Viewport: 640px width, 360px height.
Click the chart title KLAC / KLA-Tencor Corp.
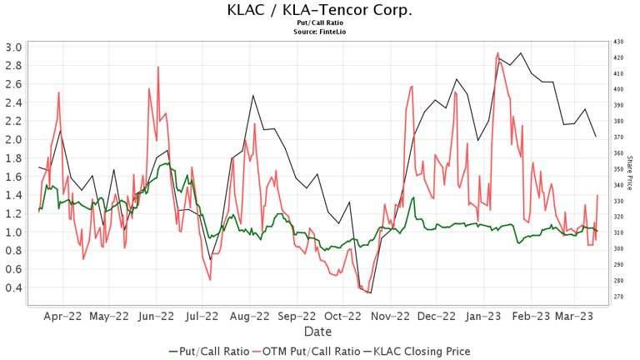tap(319, 10)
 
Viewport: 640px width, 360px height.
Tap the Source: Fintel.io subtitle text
tap(319, 32)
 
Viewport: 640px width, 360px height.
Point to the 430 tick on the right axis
tap(617, 42)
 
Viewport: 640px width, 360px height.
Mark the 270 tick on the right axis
tap(617, 296)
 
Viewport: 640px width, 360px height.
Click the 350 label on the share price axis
tap(617, 169)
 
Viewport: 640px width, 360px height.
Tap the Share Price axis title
tap(630, 170)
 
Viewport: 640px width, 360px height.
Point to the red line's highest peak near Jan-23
tap(497, 53)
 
